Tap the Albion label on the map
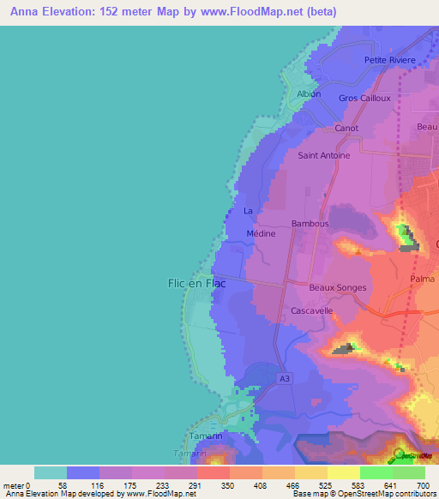(309, 93)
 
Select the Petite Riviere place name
(390, 60)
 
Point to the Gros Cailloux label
(364, 98)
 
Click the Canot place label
(346, 128)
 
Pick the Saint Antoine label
(323, 156)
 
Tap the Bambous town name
(310, 224)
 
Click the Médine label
(261, 232)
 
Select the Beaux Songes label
(338, 288)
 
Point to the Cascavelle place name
(312, 310)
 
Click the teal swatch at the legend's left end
(51, 472)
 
